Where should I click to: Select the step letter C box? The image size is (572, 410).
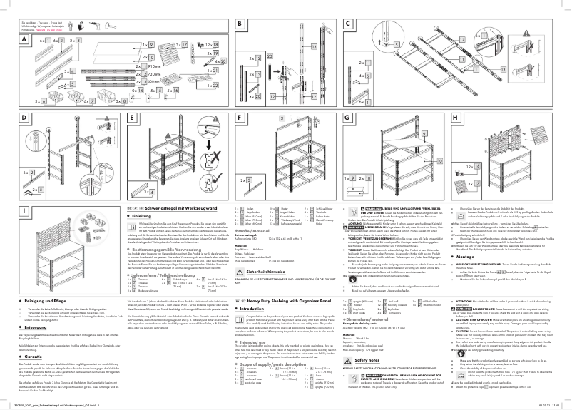(x=347, y=24)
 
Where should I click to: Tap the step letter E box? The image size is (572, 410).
(x=132, y=118)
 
